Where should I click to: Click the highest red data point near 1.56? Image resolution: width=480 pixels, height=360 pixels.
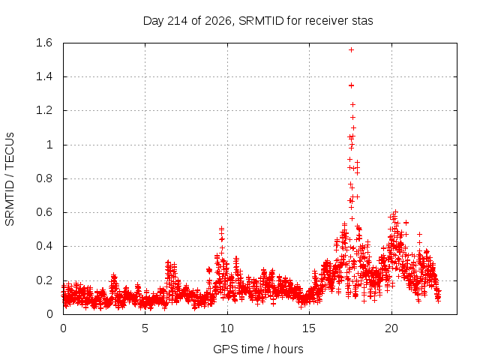pyautogui.click(x=351, y=50)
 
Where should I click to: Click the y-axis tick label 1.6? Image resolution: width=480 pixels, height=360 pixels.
pyautogui.click(x=44, y=43)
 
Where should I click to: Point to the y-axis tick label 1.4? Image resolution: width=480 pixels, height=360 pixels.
pyautogui.click(x=44, y=76)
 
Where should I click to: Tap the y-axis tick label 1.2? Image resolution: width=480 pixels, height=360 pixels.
pyautogui.click(x=44, y=110)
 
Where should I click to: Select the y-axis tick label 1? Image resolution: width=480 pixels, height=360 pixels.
pyautogui.click(x=49, y=145)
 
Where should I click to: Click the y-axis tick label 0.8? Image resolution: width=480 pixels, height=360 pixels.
pyautogui.click(x=44, y=178)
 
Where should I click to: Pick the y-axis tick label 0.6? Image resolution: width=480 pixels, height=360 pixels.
pyautogui.click(x=44, y=212)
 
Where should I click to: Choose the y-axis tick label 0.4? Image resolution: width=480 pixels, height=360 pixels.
pyautogui.click(x=44, y=246)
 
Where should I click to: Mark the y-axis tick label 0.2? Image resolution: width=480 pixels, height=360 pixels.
pyautogui.click(x=44, y=280)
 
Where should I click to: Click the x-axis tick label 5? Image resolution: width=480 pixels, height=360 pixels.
pyautogui.click(x=145, y=328)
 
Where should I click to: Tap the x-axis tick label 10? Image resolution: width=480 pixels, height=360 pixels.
pyautogui.click(x=227, y=328)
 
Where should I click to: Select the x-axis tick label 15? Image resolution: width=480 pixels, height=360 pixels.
pyautogui.click(x=309, y=328)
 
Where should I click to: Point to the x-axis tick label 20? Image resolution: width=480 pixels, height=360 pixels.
pyautogui.click(x=391, y=328)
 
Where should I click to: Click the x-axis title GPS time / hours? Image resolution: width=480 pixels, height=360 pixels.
pyautogui.click(x=258, y=349)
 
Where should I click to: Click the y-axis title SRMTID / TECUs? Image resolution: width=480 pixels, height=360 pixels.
pyautogui.click(x=10, y=179)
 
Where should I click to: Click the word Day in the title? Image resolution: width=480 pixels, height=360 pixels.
pyautogui.click(x=154, y=21)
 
